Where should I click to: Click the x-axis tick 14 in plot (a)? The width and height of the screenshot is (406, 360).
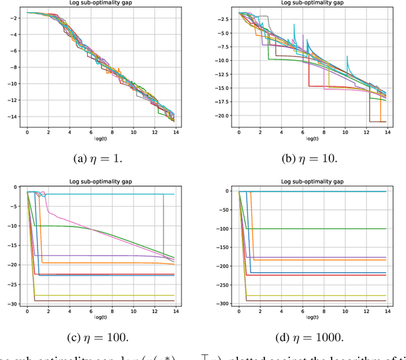[x=176, y=131]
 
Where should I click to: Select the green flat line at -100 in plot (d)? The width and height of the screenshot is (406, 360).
[x=317, y=228]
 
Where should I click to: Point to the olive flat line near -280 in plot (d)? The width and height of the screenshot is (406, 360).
[x=317, y=295]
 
